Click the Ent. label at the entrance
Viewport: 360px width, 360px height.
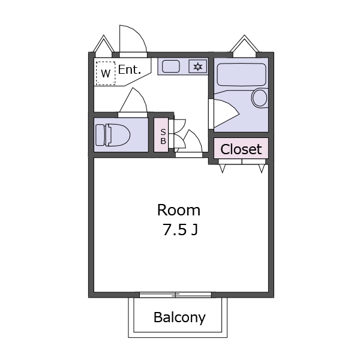(130, 70)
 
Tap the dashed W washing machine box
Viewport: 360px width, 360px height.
(106, 73)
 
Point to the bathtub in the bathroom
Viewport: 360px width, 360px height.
(241, 75)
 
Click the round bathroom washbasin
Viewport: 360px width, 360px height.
(260, 98)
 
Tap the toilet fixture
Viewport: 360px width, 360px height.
(112, 135)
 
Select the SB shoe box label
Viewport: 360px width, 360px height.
(162, 135)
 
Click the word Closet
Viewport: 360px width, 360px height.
(241, 149)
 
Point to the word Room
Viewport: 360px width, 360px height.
(179, 210)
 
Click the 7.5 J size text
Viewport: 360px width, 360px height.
(179, 229)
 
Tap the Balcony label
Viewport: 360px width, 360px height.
(179, 317)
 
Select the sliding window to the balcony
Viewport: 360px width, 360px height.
(176, 294)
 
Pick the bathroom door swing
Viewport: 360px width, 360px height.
(224, 112)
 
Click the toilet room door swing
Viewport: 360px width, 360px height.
(133, 101)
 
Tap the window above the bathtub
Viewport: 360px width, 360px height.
(244, 46)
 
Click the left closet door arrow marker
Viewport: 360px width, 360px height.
(223, 169)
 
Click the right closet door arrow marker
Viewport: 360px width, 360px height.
(262, 169)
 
